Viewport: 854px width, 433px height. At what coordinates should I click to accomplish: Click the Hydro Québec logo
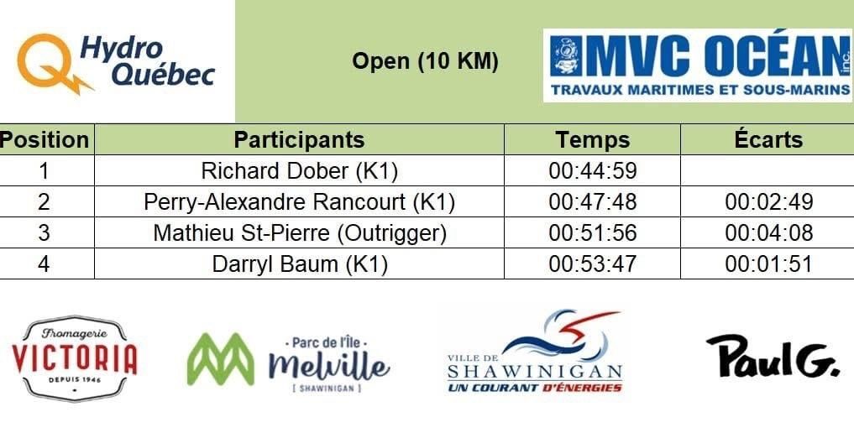click(116, 64)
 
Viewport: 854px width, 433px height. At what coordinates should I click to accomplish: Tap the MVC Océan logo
click(699, 65)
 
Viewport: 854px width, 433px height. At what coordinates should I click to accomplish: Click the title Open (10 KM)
click(425, 61)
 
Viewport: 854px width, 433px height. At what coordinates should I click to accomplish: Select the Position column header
click(45, 140)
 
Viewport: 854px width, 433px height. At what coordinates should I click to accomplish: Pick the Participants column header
click(299, 140)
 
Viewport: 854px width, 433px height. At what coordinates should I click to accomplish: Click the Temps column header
click(593, 140)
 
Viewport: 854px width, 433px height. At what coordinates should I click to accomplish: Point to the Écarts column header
click(768, 139)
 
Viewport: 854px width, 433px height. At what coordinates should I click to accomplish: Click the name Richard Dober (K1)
click(299, 171)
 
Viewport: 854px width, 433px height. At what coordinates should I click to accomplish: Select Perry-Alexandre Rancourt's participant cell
click(299, 202)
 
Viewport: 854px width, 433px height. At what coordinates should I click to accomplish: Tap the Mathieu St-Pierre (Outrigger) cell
click(300, 232)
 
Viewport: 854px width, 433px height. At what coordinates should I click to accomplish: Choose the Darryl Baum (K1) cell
click(300, 264)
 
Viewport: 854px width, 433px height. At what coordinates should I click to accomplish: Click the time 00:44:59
click(593, 171)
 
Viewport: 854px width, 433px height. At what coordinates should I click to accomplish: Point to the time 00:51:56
click(593, 232)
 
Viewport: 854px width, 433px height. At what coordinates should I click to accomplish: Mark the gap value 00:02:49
click(768, 202)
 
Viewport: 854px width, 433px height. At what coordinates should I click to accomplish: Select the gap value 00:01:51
click(768, 264)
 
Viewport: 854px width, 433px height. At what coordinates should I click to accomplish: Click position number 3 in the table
click(44, 232)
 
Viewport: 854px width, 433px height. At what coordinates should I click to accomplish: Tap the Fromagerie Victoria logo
click(75, 358)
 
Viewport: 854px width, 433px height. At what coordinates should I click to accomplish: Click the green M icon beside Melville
click(221, 359)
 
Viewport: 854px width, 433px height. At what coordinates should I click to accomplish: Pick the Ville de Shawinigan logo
click(535, 352)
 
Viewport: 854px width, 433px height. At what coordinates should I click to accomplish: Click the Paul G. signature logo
click(773, 357)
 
